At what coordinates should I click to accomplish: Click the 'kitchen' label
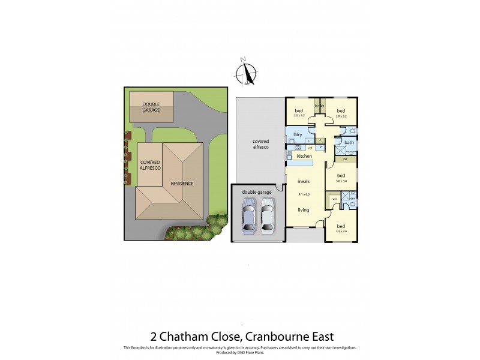(x=305, y=157)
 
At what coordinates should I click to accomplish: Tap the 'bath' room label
(x=349, y=143)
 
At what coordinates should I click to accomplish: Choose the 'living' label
(x=303, y=210)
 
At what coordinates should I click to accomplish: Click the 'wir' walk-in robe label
(x=334, y=199)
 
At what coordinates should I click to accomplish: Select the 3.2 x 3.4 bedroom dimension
(x=342, y=230)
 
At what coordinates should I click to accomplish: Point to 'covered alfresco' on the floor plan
(x=260, y=144)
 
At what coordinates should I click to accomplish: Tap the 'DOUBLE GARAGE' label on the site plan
(x=151, y=107)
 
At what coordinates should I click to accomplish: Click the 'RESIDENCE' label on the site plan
(x=182, y=183)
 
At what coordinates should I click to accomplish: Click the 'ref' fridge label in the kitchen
(x=310, y=147)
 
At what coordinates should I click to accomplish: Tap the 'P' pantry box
(x=320, y=147)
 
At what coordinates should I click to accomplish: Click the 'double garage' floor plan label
(x=257, y=192)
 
